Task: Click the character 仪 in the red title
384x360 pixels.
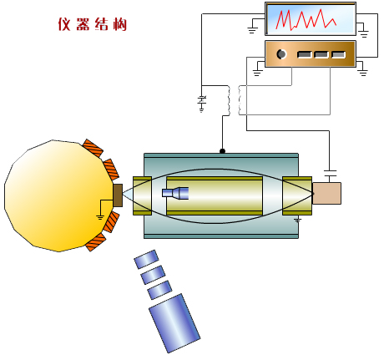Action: [64, 24]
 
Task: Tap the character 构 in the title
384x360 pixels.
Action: [120, 24]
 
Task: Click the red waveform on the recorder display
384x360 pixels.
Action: [306, 19]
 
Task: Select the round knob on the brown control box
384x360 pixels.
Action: [281, 53]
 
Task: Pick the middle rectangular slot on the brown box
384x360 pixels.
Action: [321, 54]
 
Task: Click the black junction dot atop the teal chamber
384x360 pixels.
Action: [222, 151]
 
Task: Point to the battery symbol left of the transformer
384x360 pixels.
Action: [202, 102]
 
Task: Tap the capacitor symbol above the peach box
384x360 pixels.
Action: [330, 173]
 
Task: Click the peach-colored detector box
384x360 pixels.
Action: [326, 193]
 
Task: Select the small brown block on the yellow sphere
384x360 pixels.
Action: [118, 195]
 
